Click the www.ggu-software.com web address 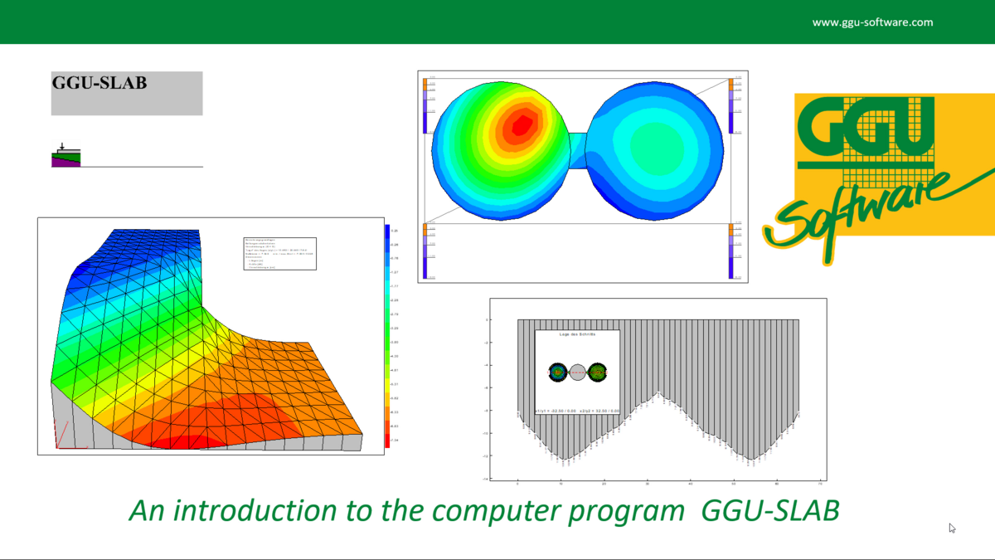pos(872,22)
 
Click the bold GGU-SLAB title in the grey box pos(99,83)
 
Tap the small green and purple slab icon pos(67,158)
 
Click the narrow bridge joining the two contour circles pos(578,150)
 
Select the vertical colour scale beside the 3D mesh pos(387,335)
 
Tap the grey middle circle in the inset pos(578,373)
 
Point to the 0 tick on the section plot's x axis pos(517,482)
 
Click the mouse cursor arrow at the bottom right pos(952,528)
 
